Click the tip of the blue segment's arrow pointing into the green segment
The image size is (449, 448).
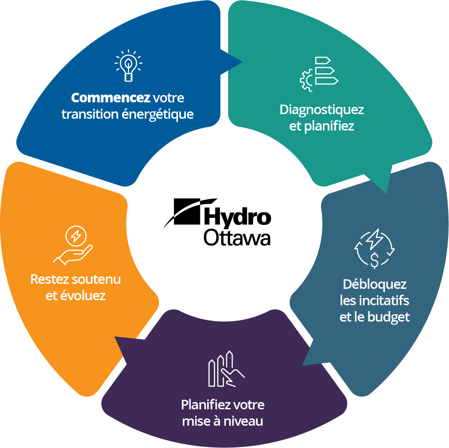point(242,62)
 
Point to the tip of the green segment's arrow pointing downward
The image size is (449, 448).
point(386,193)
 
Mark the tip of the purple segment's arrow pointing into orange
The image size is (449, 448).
point(115,337)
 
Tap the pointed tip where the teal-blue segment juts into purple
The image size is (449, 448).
point(303,365)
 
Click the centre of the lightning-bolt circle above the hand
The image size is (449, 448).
point(76,236)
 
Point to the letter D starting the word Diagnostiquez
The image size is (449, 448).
point(284,110)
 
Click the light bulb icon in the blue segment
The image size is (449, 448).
point(128,65)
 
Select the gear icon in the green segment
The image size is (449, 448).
point(306,81)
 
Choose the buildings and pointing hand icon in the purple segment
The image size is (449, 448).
point(226,369)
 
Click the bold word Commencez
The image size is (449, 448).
point(111,98)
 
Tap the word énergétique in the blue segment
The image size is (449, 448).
point(158,114)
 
